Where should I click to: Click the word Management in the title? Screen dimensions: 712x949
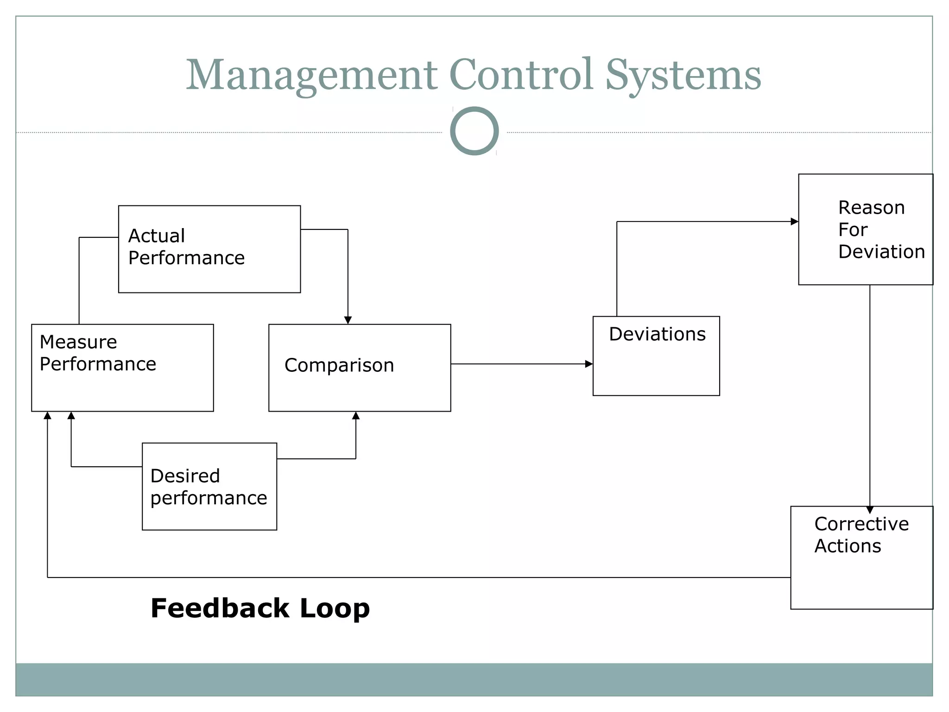pyautogui.click(x=311, y=75)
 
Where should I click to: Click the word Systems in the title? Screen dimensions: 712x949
pyautogui.click(x=683, y=75)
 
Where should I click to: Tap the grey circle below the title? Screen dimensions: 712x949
pyautogui.click(x=474, y=131)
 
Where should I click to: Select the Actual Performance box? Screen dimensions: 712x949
pyautogui.click(x=209, y=249)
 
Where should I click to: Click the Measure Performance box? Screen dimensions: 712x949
pyautogui.click(x=122, y=368)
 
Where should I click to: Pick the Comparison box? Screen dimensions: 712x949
pyautogui.click(x=360, y=368)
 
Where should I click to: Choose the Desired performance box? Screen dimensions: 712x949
pyautogui.click(x=209, y=486)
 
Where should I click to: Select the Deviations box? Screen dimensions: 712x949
pyautogui.click(x=656, y=356)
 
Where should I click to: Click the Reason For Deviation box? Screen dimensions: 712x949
pyautogui.click(x=865, y=229)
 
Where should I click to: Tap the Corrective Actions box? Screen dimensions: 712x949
pyautogui.click(x=861, y=557)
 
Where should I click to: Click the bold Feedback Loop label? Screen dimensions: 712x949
pyautogui.click(x=260, y=608)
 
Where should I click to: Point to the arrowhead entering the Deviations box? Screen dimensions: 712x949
pyautogui.click(x=589, y=364)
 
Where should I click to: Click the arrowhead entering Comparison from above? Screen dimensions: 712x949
pyautogui.click(x=348, y=320)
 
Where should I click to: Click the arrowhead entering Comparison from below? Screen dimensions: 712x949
pyautogui.click(x=356, y=416)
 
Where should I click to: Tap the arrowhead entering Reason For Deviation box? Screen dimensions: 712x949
pyautogui.click(x=794, y=222)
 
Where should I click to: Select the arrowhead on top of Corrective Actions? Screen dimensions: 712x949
pyautogui.click(x=870, y=510)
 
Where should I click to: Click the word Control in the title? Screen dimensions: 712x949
pyautogui.click(x=521, y=75)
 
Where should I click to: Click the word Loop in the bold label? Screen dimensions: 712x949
pyautogui.click(x=335, y=608)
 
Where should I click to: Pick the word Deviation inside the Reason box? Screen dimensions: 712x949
pyautogui.click(x=881, y=252)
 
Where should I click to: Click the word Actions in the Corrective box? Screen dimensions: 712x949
pyautogui.click(x=848, y=546)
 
